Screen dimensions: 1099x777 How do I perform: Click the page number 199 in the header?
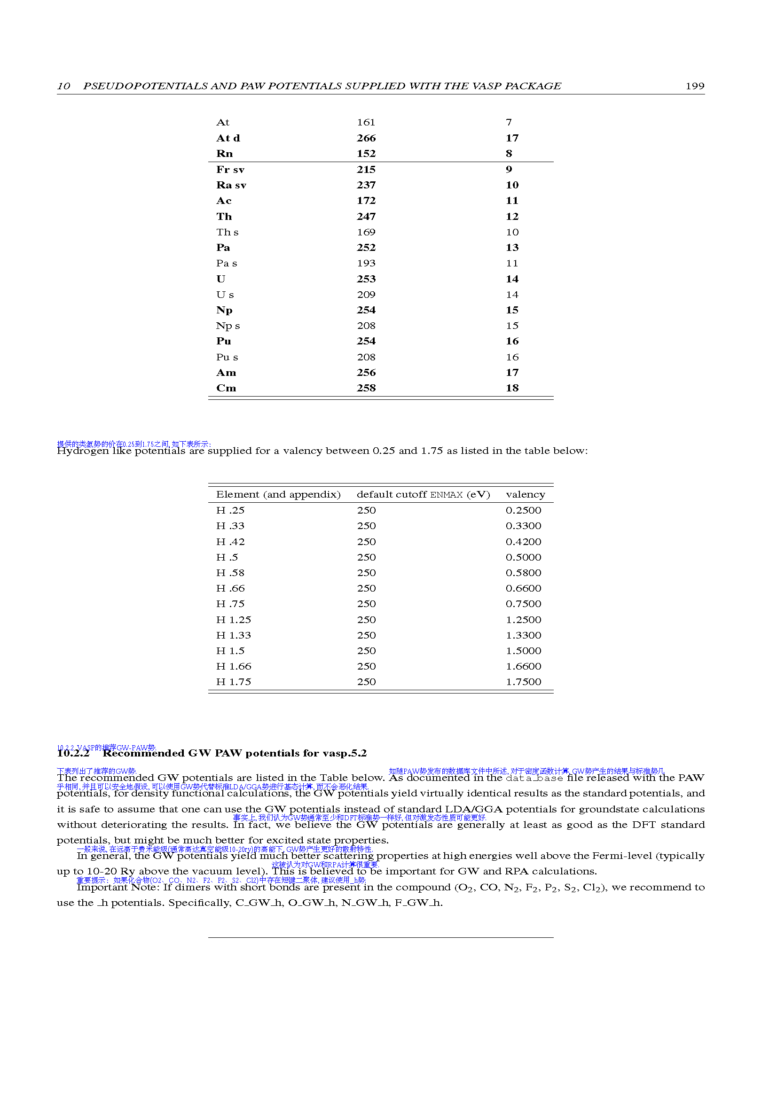694,86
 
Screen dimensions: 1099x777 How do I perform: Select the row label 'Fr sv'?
230,170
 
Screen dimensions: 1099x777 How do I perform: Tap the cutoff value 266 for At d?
366,138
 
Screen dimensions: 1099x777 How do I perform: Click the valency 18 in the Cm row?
512,388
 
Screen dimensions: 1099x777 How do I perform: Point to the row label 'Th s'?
227,232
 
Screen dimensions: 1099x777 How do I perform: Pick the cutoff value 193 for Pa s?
366,263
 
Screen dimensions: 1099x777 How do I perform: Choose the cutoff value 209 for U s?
366,295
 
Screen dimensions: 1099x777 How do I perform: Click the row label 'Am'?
226,373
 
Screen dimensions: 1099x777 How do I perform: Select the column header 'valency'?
525,494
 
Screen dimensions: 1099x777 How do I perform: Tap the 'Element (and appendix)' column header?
278,494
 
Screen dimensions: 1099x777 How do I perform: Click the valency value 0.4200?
523,542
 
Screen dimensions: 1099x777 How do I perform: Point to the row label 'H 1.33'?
233,635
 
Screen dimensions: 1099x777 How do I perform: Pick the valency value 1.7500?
523,682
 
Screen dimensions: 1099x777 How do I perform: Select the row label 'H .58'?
230,573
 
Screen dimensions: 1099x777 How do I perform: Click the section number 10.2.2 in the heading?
73,753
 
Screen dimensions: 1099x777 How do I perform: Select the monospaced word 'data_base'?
534,778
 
